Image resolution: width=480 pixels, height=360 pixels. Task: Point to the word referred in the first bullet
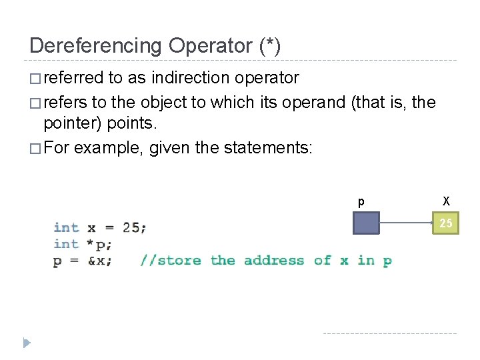coord(73,78)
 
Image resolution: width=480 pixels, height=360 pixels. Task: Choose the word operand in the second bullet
coord(313,103)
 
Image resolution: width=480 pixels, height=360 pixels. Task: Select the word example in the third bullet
coord(109,147)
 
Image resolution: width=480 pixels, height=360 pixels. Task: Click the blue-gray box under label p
coord(366,223)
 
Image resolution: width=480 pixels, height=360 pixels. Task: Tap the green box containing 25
coord(445,223)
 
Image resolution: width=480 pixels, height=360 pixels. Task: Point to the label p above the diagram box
coord(361,202)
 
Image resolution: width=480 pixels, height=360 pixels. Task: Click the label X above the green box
coord(446,201)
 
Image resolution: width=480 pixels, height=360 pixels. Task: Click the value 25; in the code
coord(134,227)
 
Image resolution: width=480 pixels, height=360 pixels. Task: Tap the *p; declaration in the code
coord(100,244)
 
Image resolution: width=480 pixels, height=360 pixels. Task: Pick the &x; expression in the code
coord(100,261)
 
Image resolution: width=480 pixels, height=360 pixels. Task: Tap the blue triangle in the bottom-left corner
coord(25,343)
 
